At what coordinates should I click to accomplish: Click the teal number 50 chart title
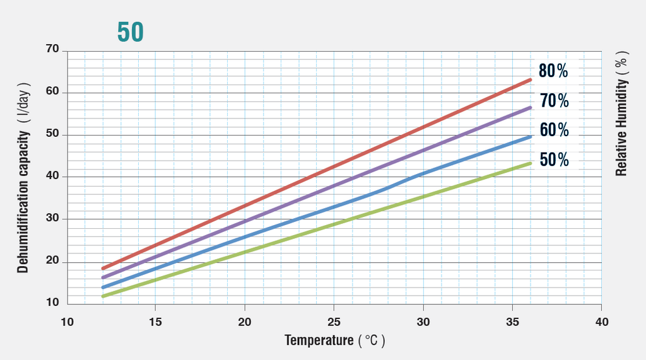131,32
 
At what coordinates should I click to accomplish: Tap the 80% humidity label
553,71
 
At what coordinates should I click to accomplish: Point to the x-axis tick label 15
156,322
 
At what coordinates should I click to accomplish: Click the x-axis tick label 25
334,322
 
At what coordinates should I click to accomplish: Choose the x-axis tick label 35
512,322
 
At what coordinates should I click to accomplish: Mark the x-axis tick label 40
602,322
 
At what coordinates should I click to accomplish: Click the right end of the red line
530,79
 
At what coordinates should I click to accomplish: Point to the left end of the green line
103,296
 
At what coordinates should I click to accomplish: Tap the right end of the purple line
530,108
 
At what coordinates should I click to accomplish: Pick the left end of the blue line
103,287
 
